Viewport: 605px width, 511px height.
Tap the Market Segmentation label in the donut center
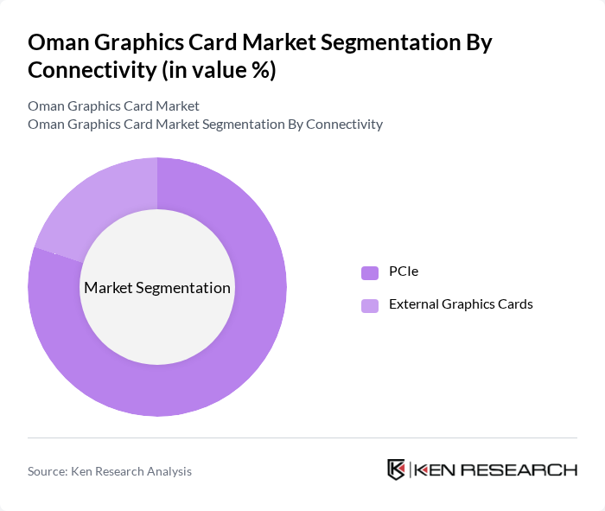[156, 288]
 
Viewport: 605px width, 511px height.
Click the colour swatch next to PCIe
[370, 272]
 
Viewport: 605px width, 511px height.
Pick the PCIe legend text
[404, 272]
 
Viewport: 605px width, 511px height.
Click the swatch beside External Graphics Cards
[370, 304]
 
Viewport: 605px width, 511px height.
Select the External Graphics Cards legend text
[461, 304]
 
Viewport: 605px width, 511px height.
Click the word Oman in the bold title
[58, 43]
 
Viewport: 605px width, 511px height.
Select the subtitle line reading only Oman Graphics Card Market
[113, 105]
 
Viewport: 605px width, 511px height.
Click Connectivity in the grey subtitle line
[344, 124]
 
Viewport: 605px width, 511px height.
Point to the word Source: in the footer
[47, 471]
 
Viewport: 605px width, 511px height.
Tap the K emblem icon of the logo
[396, 469]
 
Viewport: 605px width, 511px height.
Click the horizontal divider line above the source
[302, 438]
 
